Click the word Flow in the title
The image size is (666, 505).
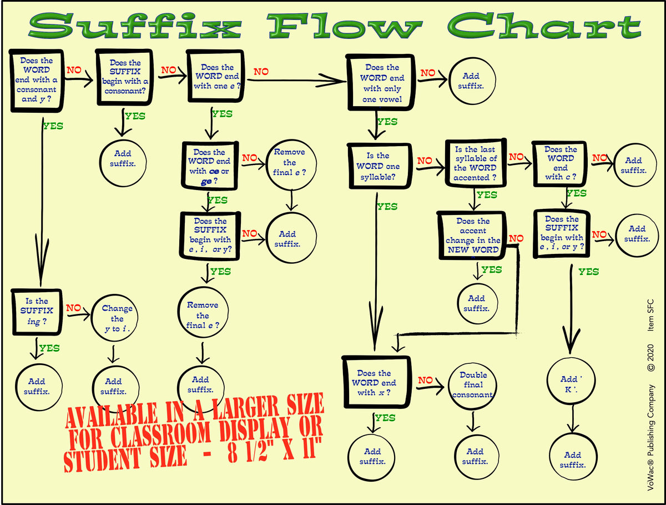click(x=344, y=27)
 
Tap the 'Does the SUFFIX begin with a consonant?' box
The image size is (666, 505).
click(x=125, y=77)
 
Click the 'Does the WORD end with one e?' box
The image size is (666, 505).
click(x=215, y=77)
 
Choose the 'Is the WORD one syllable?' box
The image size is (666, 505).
click(x=379, y=166)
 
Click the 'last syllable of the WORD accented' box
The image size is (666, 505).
click(x=475, y=163)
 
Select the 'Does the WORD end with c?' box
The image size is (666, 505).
click(x=560, y=163)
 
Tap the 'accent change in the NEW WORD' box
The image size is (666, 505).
click(x=472, y=236)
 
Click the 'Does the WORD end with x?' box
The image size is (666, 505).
click(x=376, y=383)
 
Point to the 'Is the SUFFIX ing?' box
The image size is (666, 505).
click(x=37, y=312)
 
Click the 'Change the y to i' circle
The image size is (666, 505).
click(x=117, y=318)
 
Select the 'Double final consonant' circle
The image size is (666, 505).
click(x=473, y=384)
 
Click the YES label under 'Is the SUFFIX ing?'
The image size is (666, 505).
click(x=49, y=348)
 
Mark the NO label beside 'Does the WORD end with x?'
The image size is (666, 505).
click(x=425, y=381)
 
